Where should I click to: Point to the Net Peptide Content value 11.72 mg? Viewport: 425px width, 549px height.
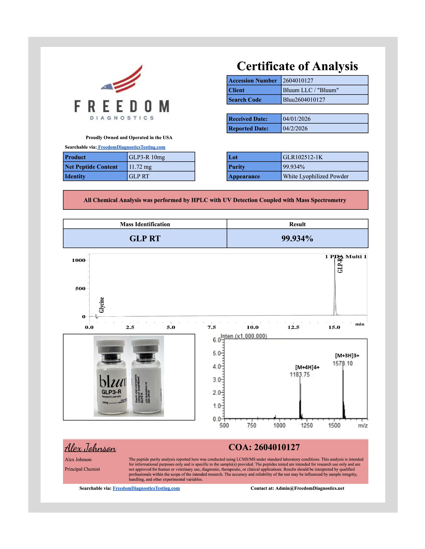tap(140, 167)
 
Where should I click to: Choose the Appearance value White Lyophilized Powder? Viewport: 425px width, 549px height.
tap(315, 177)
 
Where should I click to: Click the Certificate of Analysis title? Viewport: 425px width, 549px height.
tap(297, 66)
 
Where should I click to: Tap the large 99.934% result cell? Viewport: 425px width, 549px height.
tap(297, 238)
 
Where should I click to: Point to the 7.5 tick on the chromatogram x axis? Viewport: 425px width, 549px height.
tap(211, 327)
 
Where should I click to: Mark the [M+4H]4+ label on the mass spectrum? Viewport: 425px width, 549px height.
tap(307, 367)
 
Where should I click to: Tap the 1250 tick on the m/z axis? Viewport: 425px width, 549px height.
tap(307, 425)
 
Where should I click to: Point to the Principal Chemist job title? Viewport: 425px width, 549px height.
tap(82, 469)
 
